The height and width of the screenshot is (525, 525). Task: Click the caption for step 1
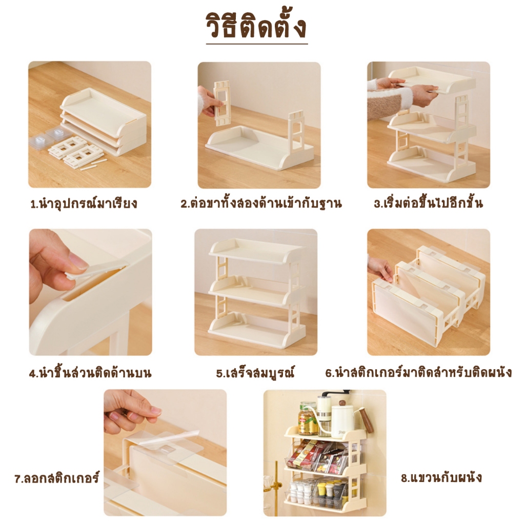point(84,204)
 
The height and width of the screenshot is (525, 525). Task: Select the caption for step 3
point(429,204)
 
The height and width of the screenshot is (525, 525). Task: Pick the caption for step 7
point(56,479)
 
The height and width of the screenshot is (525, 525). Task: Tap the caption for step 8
point(441,478)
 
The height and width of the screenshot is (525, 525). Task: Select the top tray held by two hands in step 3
point(431,79)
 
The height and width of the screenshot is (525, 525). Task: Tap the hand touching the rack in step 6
point(380,268)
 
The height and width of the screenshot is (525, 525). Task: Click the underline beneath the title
point(256,44)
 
